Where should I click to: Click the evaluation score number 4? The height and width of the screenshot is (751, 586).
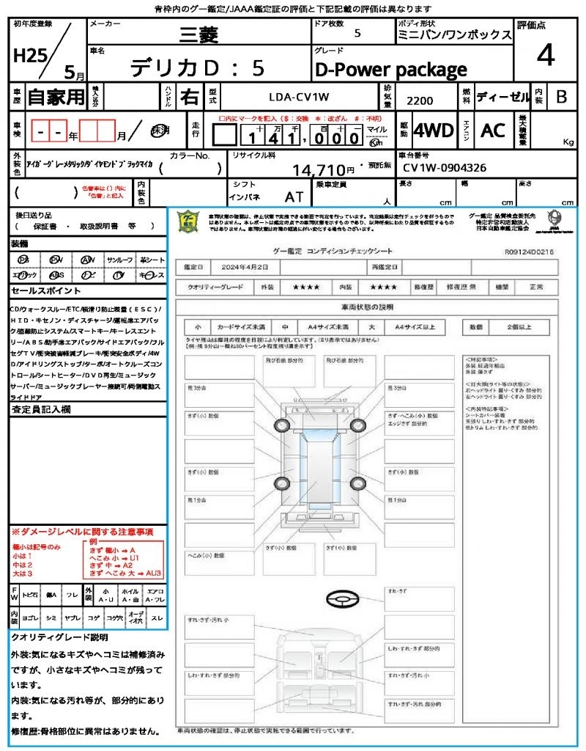tap(545, 56)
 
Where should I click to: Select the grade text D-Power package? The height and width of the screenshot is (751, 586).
tap(390, 70)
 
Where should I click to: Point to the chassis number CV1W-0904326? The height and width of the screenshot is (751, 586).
tap(445, 168)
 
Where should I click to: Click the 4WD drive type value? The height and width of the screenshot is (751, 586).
tap(433, 131)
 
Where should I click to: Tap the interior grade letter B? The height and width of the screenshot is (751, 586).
tap(561, 96)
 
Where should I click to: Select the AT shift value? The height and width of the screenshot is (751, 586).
tap(294, 197)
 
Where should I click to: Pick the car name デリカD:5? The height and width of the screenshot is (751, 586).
tap(198, 68)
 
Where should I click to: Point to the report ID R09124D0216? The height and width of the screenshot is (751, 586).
tap(529, 251)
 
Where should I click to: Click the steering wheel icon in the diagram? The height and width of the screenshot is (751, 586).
tap(342, 599)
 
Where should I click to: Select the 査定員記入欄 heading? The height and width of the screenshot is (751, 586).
tap(40, 409)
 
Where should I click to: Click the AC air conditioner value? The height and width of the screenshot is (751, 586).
tap(493, 131)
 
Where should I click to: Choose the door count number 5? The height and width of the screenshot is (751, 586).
tap(357, 33)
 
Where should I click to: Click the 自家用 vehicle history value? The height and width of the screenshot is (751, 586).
tap(56, 96)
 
